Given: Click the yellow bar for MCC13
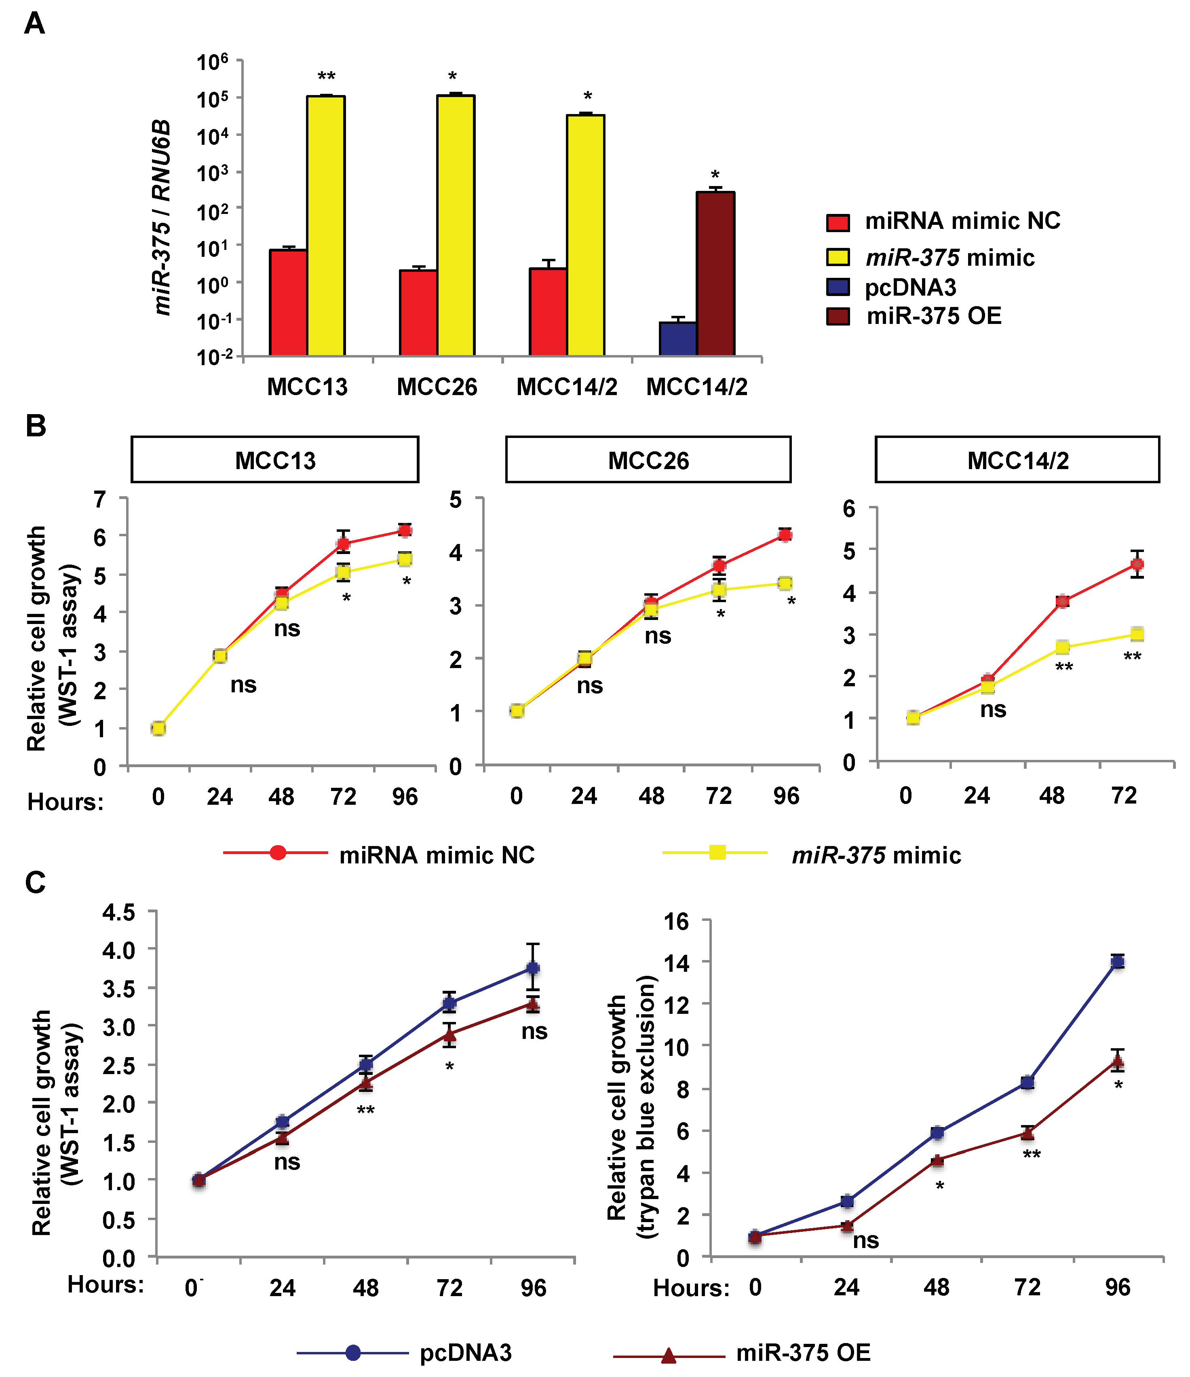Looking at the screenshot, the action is pos(325,226).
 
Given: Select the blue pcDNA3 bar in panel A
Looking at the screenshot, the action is pos(678,339).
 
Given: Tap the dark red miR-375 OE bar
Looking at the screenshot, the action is pos(715,274).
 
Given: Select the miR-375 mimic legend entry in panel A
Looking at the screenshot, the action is pos(930,257).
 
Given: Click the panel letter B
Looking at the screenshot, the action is pos(36,426).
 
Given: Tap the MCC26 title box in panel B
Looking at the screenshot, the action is pos(648,459).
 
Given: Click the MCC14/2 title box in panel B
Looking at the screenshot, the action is pos(1017,459).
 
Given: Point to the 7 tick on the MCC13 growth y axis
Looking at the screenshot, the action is pos(100,499).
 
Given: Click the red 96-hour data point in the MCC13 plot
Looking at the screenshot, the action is pos(405,530).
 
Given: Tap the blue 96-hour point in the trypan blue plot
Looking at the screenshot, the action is pos(1118,962).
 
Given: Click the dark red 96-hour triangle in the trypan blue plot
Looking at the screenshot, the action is pos(1118,1061).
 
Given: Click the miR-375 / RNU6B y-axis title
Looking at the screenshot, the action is pos(161,217).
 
